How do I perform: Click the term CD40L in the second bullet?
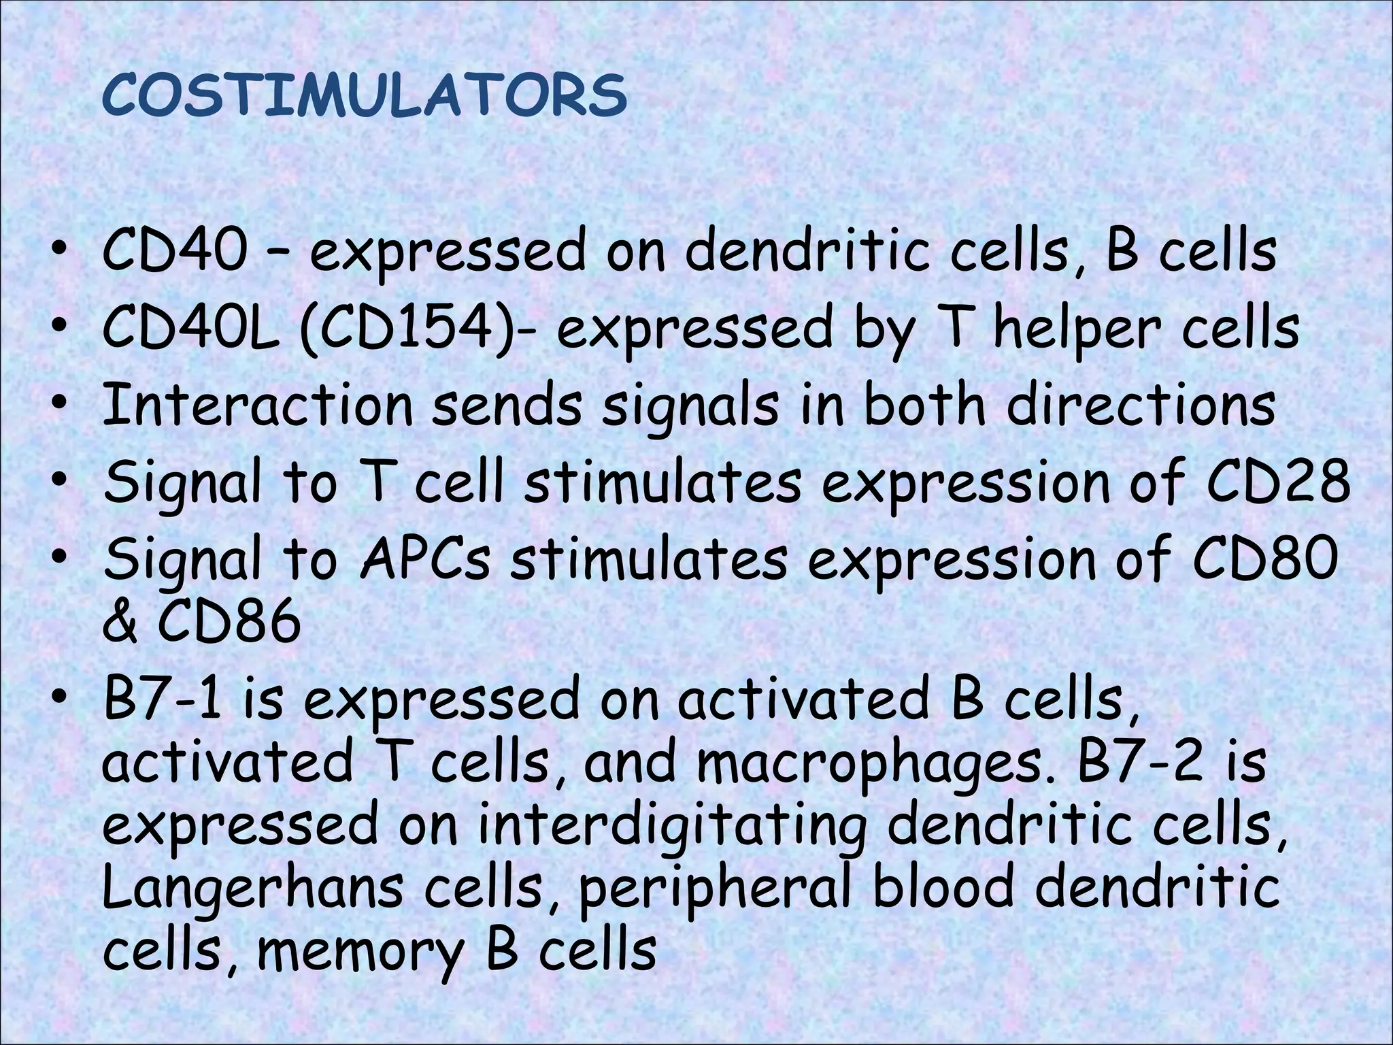point(190,330)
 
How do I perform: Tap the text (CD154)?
point(406,330)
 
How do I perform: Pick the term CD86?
point(229,622)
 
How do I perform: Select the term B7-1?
point(163,701)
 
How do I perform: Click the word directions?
point(1141,406)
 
